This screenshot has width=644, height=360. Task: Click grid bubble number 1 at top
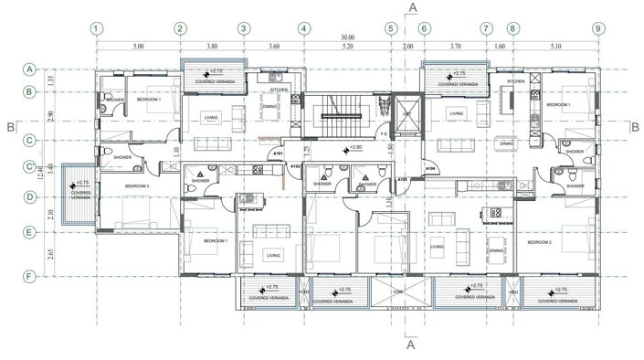(x=97, y=28)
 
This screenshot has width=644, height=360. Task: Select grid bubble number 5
(x=392, y=28)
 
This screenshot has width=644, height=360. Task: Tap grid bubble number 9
(x=597, y=28)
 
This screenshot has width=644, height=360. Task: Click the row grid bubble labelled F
(x=30, y=274)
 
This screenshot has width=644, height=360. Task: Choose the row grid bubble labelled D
(x=30, y=196)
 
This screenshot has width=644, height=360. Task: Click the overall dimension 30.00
(x=348, y=37)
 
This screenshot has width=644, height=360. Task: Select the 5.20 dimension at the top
(x=347, y=45)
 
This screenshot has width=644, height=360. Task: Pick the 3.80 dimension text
(x=211, y=45)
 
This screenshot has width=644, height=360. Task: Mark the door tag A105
(x=401, y=180)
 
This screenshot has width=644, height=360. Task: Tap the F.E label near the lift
(x=385, y=134)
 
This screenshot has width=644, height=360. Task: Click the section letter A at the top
(x=413, y=7)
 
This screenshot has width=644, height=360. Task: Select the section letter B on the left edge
(x=9, y=126)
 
